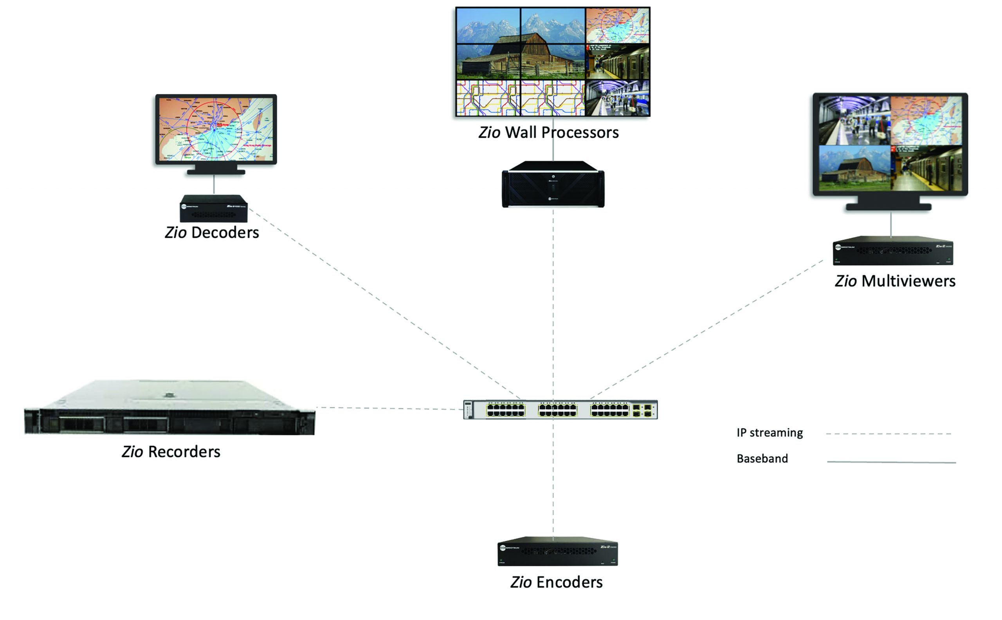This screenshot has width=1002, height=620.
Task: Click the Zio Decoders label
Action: (212, 233)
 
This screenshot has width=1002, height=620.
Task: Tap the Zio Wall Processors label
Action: (548, 132)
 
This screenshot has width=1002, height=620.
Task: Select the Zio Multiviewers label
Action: (895, 281)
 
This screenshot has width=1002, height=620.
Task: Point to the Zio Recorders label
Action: (171, 452)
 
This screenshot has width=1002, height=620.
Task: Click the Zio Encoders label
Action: (556, 582)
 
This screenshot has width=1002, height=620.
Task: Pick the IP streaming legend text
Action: (770, 433)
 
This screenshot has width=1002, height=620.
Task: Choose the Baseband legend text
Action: (762, 458)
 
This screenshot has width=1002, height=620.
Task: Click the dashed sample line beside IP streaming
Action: (888, 434)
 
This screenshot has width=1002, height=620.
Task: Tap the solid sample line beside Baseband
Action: (891, 462)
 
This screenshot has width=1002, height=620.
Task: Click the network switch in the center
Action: (560, 409)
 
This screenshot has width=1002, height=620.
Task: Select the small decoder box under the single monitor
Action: (214, 208)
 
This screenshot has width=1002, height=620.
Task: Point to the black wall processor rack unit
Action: (553, 185)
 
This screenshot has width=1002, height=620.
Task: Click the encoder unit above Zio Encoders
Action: (557, 551)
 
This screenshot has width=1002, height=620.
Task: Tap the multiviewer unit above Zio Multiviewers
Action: (892, 251)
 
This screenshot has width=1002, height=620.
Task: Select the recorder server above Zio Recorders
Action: (169, 408)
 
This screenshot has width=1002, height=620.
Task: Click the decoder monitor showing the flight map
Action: (216, 129)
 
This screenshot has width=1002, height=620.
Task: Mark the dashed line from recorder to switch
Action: (389, 408)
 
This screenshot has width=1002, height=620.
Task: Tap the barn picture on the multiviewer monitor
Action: (854, 168)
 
